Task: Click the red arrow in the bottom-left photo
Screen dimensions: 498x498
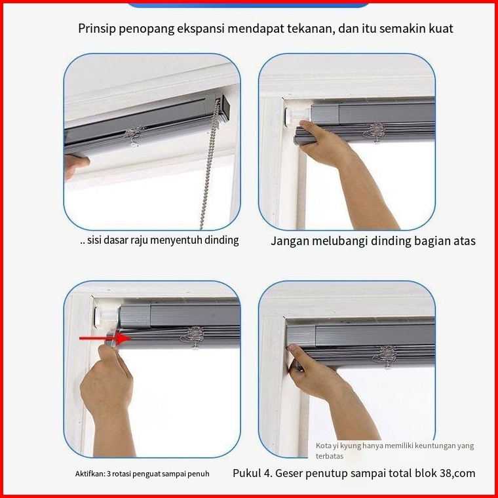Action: coord(104,338)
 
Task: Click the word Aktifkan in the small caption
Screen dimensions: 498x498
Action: coord(90,474)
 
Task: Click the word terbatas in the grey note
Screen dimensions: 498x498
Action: coord(330,456)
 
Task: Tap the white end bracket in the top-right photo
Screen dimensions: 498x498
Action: coord(297,116)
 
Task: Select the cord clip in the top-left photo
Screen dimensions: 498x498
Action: coord(135,135)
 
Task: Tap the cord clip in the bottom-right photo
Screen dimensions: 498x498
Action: coord(385,356)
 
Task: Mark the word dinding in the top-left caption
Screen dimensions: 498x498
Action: coord(221,240)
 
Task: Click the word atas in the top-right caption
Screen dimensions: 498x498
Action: coord(465,241)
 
